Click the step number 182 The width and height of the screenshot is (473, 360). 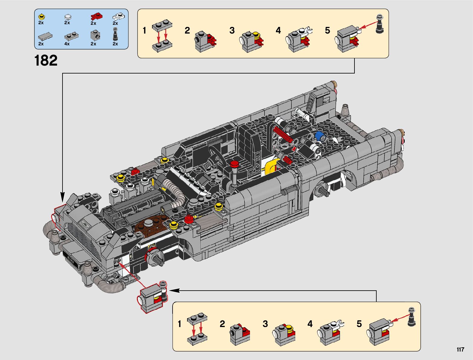(46, 61)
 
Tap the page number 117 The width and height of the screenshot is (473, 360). (460, 350)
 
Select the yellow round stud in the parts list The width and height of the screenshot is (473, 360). (41, 17)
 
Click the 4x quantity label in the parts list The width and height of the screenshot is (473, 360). (67, 44)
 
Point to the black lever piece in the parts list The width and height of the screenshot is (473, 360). (115, 34)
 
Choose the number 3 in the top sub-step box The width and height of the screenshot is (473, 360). (232, 31)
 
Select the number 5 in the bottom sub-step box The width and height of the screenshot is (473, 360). (359, 324)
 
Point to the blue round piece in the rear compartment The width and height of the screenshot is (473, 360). (319, 136)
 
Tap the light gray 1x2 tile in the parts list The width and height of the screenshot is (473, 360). (45, 36)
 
